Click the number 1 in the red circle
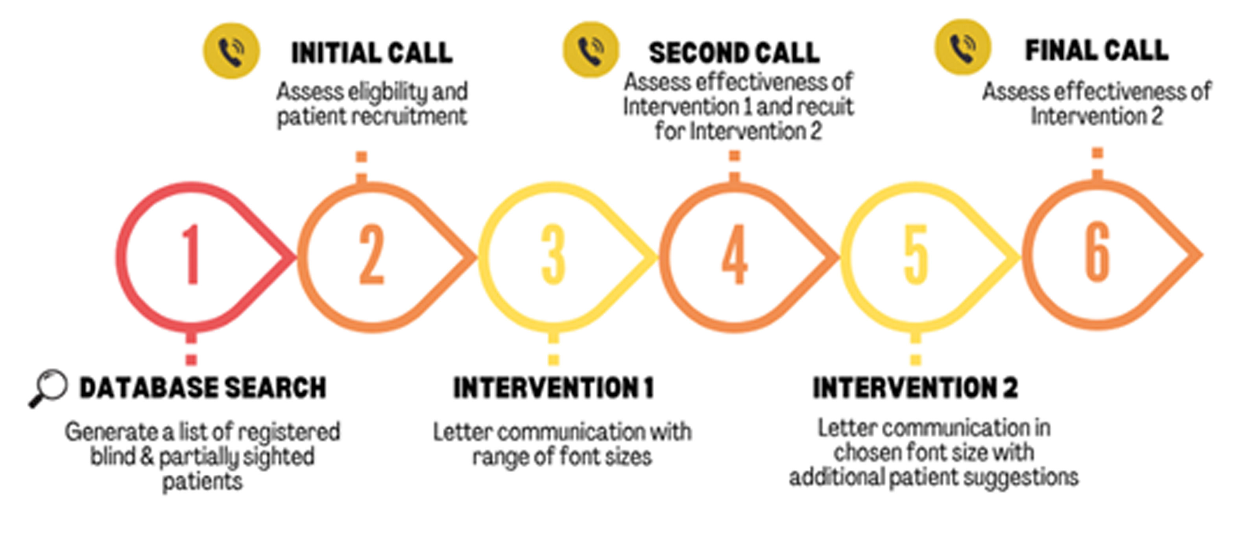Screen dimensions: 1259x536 [192, 254]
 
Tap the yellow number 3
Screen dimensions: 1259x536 [553, 254]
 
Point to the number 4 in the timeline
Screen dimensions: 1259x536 [735, 254]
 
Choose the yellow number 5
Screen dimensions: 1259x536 [916, 254]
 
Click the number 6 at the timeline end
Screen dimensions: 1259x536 [1097, 252]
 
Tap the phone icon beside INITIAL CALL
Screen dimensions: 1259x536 [232, 51]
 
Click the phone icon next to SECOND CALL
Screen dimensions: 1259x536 [591, 50]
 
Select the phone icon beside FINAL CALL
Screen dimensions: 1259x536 [963, 47]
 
